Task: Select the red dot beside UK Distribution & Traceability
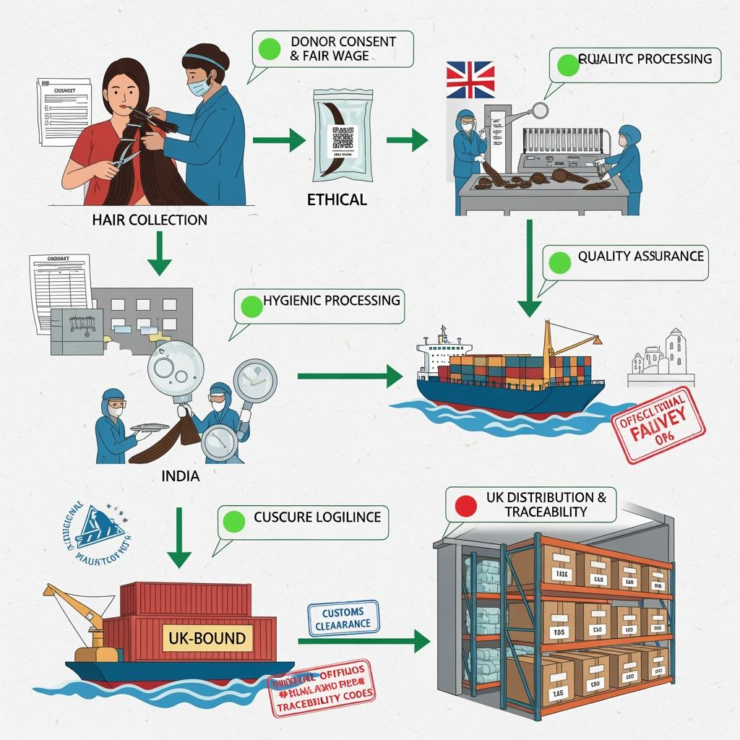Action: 467,505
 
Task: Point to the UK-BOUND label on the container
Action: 208,638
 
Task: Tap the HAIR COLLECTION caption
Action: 150,220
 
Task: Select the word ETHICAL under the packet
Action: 336,199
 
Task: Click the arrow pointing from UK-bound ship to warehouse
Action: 361,640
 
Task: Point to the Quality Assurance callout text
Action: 640,256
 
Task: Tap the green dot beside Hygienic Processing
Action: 251,306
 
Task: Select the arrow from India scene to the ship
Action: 350,375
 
